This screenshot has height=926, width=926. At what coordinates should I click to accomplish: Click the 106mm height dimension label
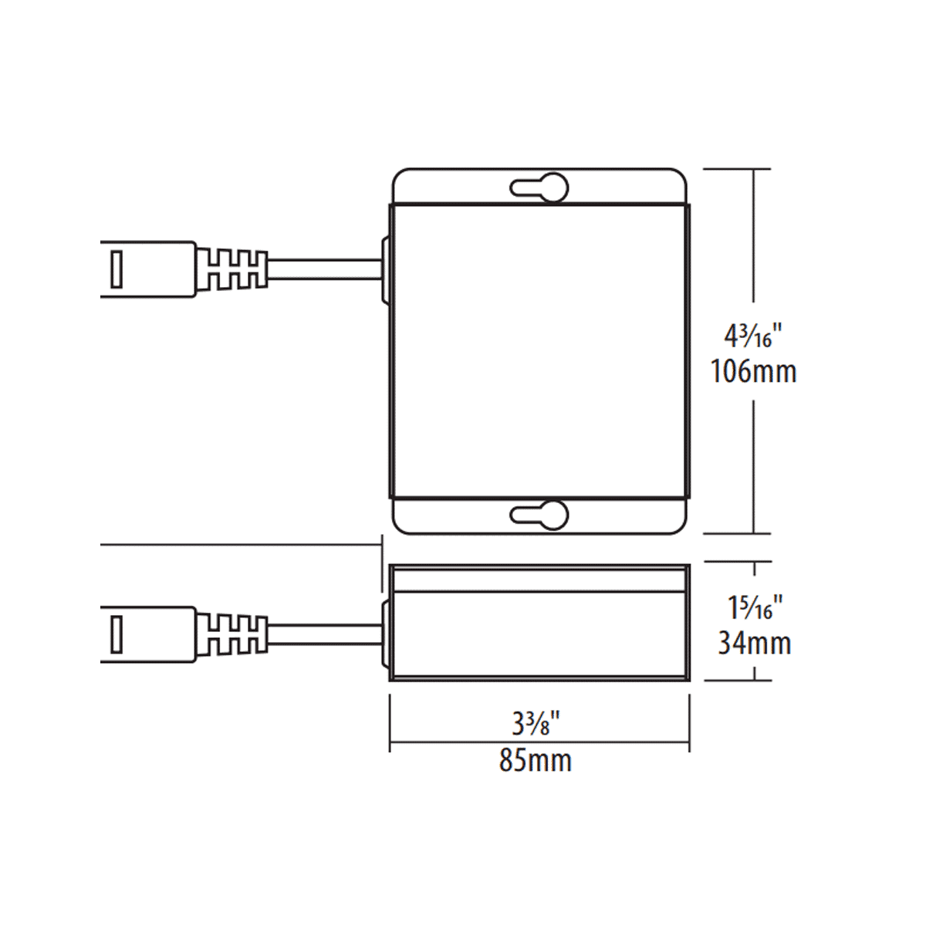(x=753, y=372)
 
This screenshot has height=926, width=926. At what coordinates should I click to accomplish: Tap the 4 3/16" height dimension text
(x=752, y=336)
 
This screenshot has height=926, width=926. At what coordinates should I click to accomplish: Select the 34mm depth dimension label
(x=754, y=643)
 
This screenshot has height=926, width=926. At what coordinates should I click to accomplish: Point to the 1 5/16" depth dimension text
(x=755, y=608)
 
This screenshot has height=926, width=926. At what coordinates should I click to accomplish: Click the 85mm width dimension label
(x=535, y=761)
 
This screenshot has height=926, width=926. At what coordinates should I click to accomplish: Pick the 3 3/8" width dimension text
(x=535, y=724)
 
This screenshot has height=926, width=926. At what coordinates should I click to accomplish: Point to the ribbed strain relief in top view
(x=231, y=269)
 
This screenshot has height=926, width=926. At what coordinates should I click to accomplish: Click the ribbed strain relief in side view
(x=231, y=634)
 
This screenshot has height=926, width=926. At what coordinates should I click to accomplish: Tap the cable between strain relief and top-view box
(x=324, y=269)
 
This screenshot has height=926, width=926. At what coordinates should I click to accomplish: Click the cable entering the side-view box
(x=324, y=634)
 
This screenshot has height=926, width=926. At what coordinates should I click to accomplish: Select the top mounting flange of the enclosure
(x=463, y=188)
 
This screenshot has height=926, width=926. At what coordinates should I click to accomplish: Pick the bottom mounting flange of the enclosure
(x=463, y=515)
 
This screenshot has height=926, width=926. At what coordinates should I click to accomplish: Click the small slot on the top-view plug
(x=117, y=269)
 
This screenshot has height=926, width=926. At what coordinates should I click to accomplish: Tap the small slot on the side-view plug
(x=117, y=634)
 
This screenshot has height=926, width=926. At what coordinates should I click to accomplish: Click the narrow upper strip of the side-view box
(x=539, y=579)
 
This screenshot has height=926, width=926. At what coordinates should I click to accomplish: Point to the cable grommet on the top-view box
(x=384, y=269)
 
